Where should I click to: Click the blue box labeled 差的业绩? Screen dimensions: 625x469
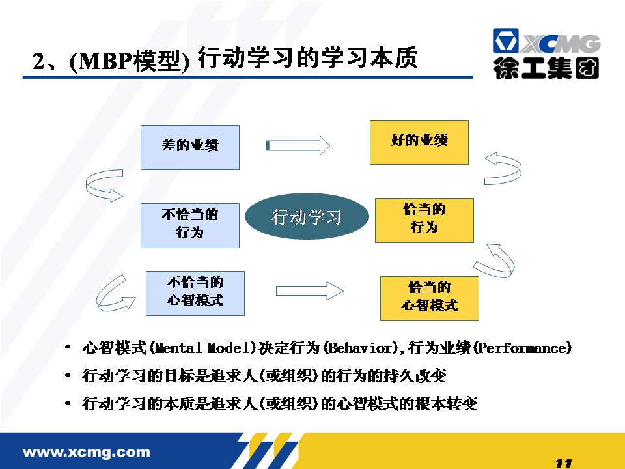(x=189, y=147)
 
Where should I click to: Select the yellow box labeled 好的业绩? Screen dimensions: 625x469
(x=419, y=142)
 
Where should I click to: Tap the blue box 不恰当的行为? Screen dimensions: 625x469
(x=189, y=225)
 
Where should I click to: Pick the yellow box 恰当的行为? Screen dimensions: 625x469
(x=424, y=220)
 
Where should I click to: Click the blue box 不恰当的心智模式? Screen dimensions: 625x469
(x=195, y=293)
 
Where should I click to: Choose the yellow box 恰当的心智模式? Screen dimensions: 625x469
(x=429, y=298)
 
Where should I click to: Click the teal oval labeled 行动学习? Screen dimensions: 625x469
(x=307, y=216)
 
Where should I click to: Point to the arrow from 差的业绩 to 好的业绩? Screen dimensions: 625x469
(x=298, y=145)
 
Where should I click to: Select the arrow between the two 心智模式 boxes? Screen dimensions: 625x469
(x=310, y=291)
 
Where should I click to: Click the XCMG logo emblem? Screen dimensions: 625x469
(x=506, y=40)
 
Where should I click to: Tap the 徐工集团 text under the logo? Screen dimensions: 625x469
(x=546, y=68)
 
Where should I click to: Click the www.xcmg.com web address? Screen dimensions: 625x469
(x=87, y=452)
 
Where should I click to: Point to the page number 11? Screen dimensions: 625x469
(x=563, y=463)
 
